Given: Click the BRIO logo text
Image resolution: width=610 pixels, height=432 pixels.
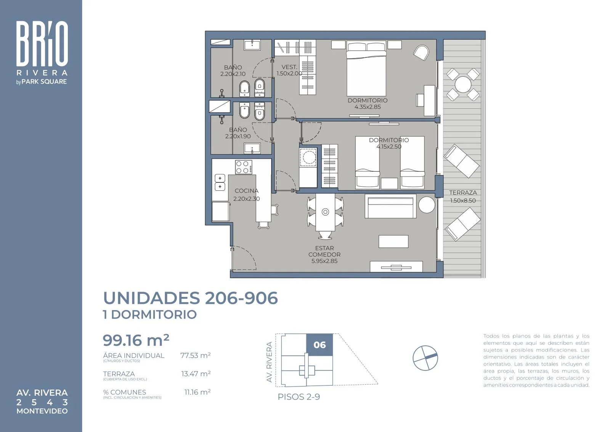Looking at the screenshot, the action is [x=42, y=44].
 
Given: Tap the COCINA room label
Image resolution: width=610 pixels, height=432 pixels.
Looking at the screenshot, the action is [x=246, y=191].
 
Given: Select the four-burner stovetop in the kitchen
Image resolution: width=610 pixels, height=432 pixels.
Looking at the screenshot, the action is [x=244, y=167].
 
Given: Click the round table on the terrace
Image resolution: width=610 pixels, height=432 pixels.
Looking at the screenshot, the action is [x=463, y=84].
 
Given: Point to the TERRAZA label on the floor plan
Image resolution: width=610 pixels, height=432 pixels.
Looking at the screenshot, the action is [x=463, y=193].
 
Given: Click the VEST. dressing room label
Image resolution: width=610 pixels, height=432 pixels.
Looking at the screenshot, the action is [x=289, y=67].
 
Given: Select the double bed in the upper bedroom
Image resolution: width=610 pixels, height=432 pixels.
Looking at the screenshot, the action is [x=366, y=68].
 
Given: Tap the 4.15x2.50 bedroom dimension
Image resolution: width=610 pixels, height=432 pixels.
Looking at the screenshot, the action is [x=389, y=147].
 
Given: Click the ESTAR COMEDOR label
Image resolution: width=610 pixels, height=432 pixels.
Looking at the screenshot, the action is [x=324, y=251].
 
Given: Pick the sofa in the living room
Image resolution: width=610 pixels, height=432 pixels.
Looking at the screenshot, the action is [x=390, y=206].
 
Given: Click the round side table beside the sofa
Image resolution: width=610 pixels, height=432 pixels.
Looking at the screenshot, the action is [x=427, y=205].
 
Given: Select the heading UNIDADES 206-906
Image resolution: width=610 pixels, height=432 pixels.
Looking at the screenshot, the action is [x=190, y=298].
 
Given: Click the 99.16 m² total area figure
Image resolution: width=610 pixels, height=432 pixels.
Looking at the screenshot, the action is [x=136, y=340].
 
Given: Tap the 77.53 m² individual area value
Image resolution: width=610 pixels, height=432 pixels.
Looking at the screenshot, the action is [x=196, y=355].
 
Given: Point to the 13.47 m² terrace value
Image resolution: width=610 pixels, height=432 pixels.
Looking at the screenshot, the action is [x=196, y=374].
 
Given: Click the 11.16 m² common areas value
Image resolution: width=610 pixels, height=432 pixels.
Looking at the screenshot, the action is [x=197, y=392].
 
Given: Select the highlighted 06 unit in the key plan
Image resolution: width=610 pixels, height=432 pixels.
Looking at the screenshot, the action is [x=319, y=345].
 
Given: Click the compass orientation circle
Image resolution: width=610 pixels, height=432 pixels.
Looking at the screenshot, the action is [x=425, y=358].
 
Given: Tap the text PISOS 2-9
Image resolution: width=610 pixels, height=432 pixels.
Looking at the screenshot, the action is [x=299, y=397].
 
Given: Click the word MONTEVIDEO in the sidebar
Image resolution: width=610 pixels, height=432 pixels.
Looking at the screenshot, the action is [x=42, y=411].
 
